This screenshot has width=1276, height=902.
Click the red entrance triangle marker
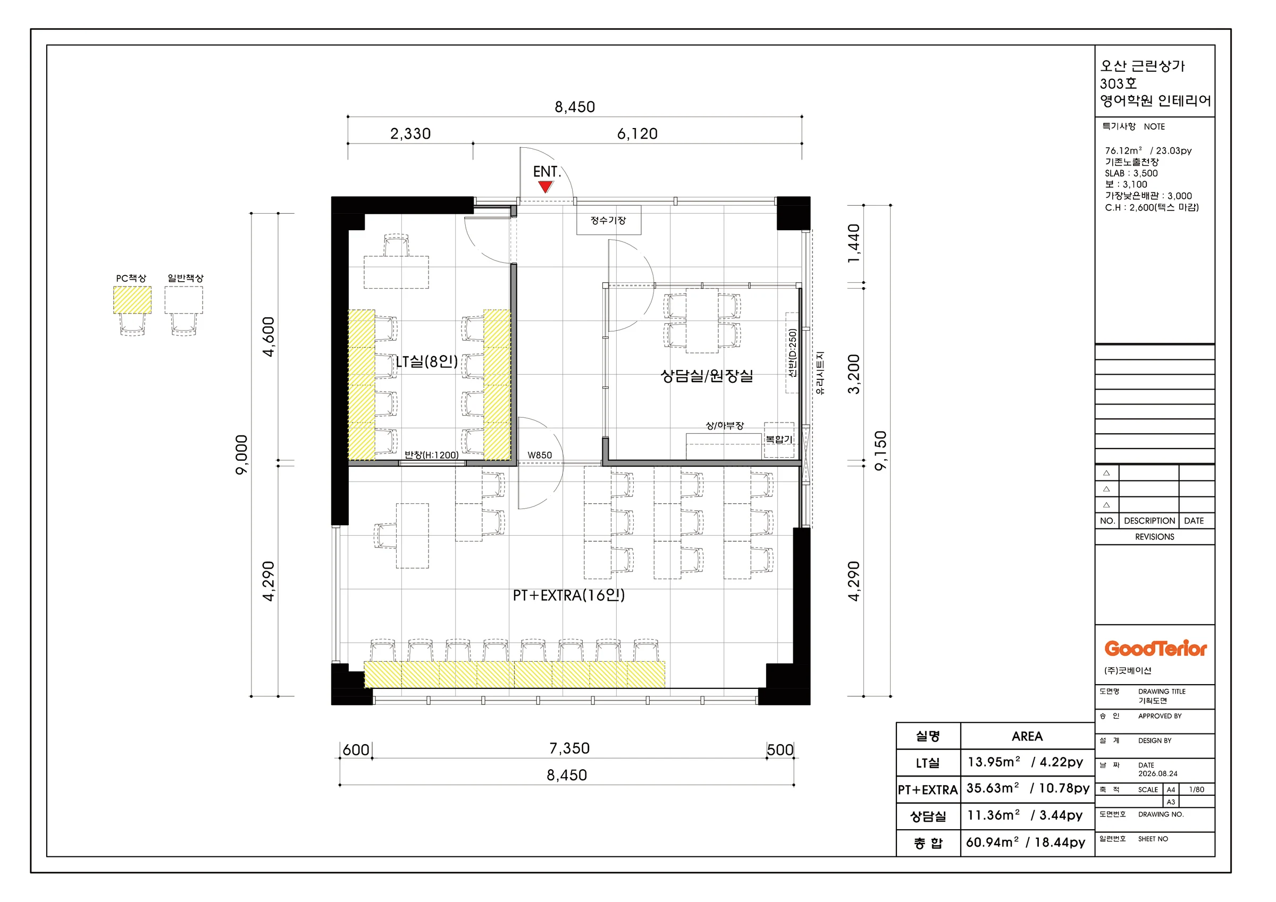point(545,187)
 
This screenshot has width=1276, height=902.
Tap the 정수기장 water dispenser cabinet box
point(609,220)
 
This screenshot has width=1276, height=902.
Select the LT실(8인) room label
point(427,362)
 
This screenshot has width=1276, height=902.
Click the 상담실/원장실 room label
point(707,376)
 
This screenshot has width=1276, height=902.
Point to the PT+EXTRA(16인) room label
point(568,595)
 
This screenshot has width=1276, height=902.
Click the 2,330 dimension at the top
point(410,134)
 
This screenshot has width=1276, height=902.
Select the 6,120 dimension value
point(637,134)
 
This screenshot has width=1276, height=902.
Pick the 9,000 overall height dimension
point(242,454)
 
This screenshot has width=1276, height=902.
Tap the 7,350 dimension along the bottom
point(569,748)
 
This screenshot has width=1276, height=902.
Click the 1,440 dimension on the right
point(854,244)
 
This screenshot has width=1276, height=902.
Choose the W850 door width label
point(540,455)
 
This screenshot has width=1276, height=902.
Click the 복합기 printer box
point(778,440)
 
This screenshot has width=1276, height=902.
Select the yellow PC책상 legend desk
point(132,300)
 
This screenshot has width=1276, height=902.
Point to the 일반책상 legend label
point(186,278)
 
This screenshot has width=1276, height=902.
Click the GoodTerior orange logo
point(1155,648)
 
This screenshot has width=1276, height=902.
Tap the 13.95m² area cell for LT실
point(994,762)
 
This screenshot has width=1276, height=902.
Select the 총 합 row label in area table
point(928,843)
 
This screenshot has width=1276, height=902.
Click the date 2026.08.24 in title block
point(1157,773)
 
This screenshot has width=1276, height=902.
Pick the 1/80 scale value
point(1197,789)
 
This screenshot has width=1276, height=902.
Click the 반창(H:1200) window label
point(431,455)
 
